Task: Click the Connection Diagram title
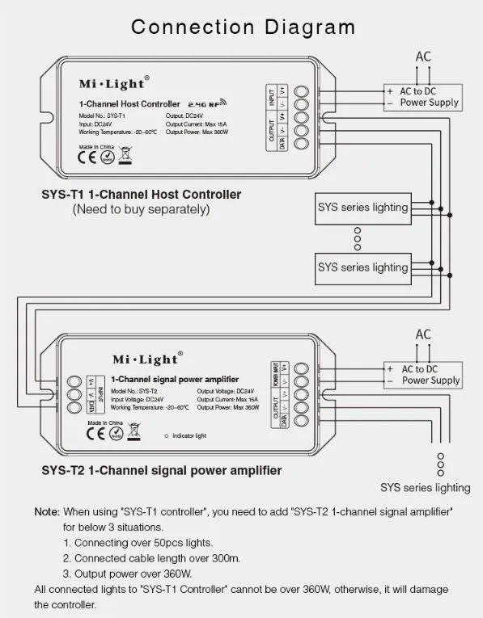243,27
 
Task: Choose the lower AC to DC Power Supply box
424,374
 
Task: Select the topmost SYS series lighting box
362,208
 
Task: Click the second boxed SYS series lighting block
362,267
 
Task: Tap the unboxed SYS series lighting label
425,487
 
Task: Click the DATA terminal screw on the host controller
301,144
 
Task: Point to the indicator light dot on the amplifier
166,435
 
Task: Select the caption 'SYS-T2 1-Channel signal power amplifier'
161,470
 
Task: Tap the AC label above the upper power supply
424,57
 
